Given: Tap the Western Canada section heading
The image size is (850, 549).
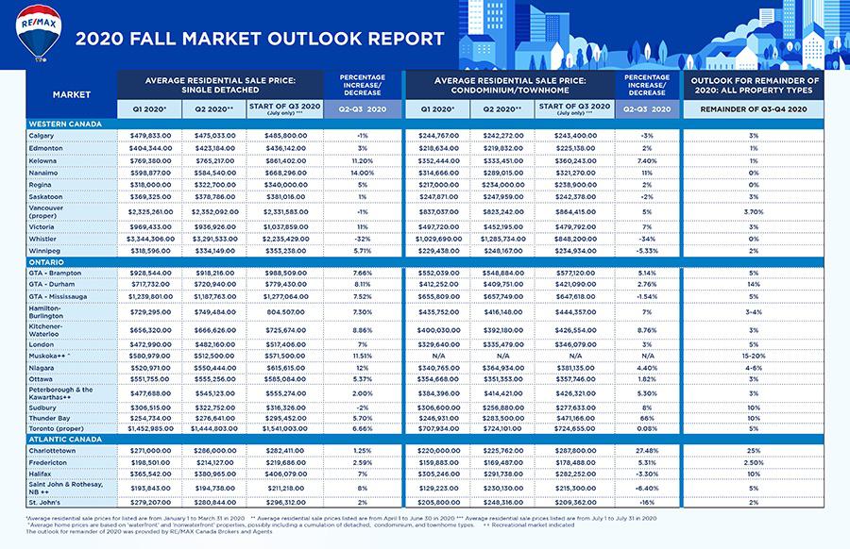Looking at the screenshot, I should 66,124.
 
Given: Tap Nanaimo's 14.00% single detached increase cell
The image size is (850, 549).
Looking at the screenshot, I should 362,174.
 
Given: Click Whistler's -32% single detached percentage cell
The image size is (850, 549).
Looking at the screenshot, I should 362,240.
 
